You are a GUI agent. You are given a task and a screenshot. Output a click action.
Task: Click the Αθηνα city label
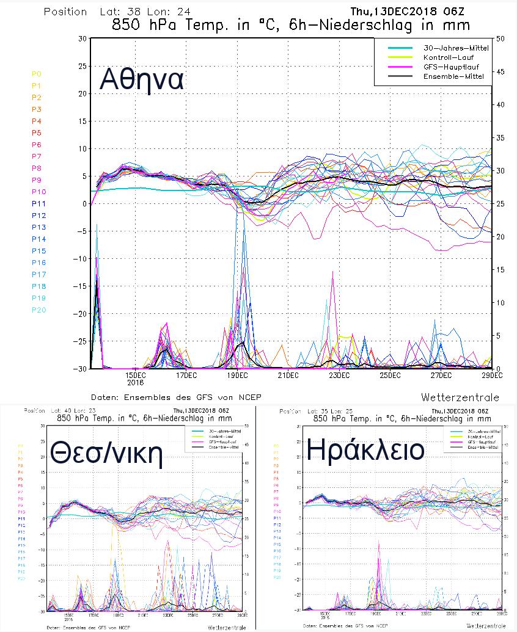click(x=142, y=79)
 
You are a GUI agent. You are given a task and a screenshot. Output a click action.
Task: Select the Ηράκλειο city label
click(x=365, y=451)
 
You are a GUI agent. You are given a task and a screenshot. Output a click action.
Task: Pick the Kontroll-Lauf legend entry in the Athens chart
click(x=449, y=57)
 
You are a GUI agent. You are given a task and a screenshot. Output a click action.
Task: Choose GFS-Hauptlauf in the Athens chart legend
click(x=450, y=67)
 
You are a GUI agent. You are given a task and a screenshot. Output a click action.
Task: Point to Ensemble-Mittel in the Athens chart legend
click(x=453, y=76)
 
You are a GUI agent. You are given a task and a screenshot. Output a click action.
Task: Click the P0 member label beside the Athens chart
click(x=37, y=74)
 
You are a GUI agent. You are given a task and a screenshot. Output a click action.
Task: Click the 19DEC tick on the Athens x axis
click(x=237, y=374)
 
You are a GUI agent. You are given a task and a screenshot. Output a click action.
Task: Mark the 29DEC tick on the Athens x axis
click(x=491, y=374)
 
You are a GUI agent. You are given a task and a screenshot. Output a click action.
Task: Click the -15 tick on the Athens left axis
click(x=79, y=286)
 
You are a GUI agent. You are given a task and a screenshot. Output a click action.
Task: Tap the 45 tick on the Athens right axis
click(x=501, y=71)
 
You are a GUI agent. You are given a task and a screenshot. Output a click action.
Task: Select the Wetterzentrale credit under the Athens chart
click(x=460, y=397)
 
